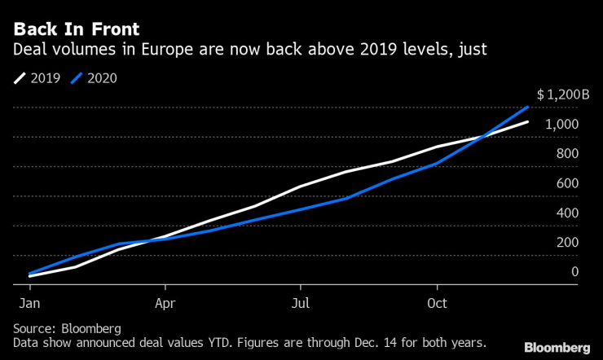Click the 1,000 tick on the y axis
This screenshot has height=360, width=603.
[x=563, y=124]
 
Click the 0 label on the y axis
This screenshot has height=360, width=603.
[x=574, y=271]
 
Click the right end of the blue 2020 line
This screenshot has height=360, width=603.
[x=528, y=107]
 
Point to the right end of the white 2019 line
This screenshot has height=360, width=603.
[x=528, y=122]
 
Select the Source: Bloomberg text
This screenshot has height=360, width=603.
[x=67, y=328]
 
